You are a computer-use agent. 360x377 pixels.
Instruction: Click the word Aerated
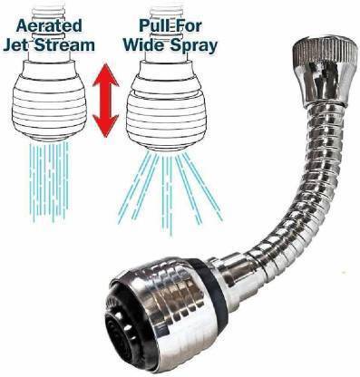(x=49, y=25)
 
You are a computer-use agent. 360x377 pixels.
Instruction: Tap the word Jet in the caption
(x=16, y=45)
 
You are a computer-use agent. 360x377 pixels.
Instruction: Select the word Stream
(x=64, y=45)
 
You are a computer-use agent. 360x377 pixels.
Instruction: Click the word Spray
(x=193, y=46)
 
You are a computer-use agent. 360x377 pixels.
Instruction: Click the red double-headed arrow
(x=105, y=100)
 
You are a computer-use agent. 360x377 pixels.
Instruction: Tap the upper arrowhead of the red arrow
(x=105, y=74)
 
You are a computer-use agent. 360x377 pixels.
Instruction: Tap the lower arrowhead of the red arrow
(x=105, y=125)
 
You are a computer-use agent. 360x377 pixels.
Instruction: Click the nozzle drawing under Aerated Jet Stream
(x=49, y=100)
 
